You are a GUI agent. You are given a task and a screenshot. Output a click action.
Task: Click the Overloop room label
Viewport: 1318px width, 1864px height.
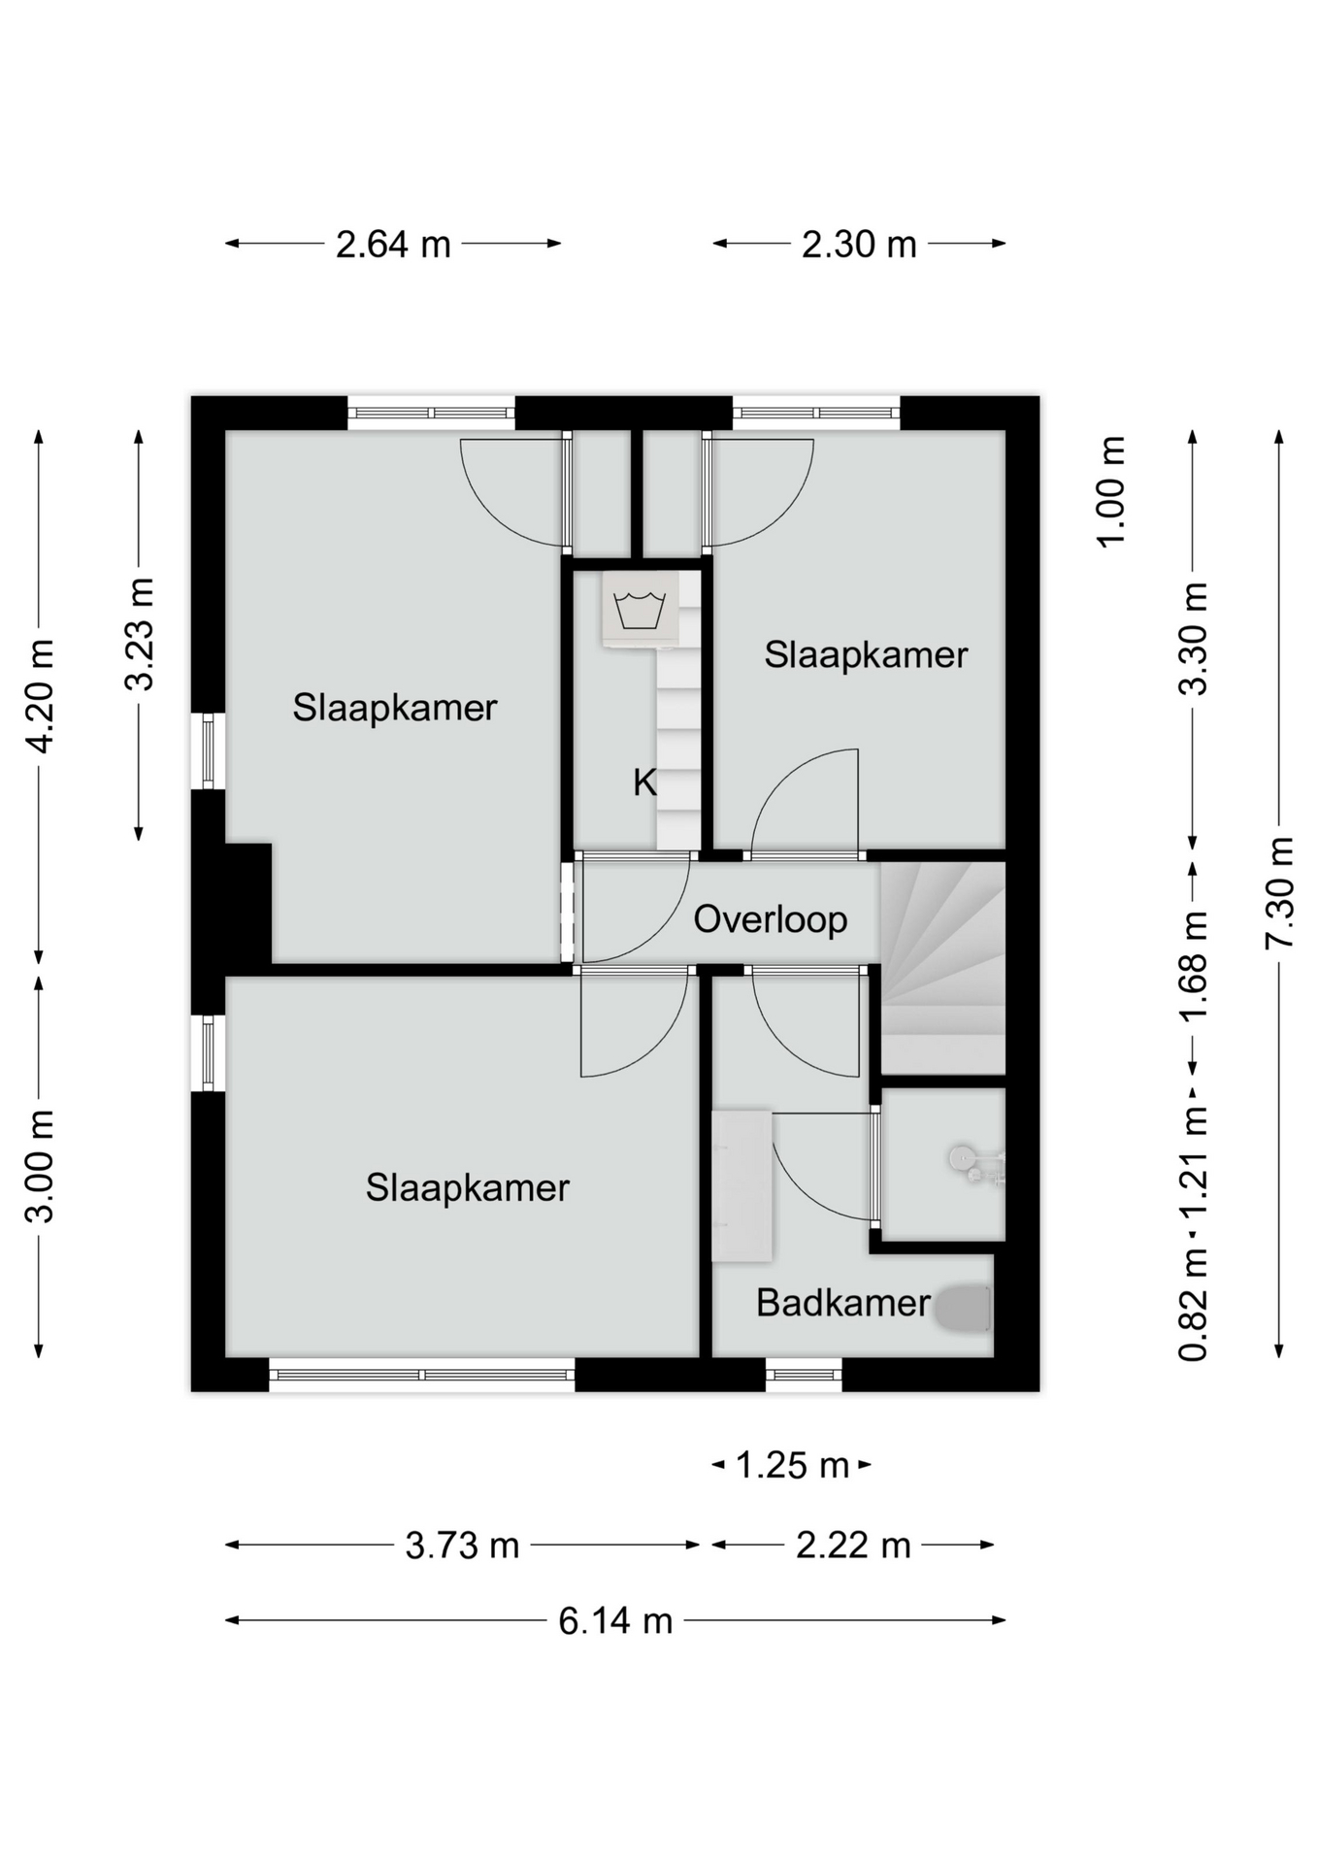(770, 919)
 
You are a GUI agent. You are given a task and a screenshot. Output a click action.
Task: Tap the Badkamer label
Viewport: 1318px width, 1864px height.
(842, 1303)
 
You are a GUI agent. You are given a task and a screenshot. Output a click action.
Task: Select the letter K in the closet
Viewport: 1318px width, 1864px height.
(644, 782)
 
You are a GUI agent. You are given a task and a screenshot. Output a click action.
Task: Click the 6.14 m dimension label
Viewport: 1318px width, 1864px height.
(615, 1620)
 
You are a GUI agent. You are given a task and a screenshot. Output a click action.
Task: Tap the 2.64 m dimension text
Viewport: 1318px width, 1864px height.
(393, 244)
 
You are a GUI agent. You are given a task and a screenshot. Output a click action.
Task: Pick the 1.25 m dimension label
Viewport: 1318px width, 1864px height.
(792, 1465)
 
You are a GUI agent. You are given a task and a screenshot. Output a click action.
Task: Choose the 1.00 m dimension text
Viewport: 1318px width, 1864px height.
(1111, 492)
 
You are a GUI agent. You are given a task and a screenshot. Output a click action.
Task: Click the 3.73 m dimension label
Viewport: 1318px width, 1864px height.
(462, 1545)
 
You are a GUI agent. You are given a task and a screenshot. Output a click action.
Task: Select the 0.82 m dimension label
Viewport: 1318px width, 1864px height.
(1193, 1305)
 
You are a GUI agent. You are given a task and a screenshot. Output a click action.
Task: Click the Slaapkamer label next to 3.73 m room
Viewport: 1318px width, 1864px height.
(467, 1188)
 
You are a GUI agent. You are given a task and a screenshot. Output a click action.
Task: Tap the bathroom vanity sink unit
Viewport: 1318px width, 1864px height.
(741, 1186)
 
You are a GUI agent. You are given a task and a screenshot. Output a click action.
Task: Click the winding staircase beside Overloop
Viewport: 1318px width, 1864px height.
(942, 968)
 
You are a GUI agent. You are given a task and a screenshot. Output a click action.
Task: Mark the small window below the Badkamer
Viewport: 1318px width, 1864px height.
(804, 1374)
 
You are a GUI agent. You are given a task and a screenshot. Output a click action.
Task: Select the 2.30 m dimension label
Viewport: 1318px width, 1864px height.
(859, 244)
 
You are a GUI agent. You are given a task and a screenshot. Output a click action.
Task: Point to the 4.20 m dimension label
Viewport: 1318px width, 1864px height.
(40, 696)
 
